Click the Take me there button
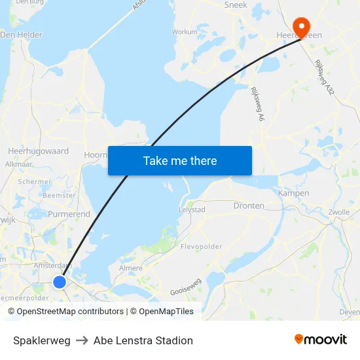click(180, 160)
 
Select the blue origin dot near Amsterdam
click(60, 281)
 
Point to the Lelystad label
click(192, 209)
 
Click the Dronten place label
click(249, 206)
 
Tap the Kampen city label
click(293, 193)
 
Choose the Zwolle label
click(339, 213)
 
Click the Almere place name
click(131, 268)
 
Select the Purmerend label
click(69, 214)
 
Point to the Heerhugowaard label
click(38, 151)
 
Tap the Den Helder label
click(22, 35)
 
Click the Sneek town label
click(236, 5)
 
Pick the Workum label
click(184, 31)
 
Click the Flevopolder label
click(201, 247)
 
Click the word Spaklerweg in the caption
click(42, 340)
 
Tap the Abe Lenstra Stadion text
click(143, 340)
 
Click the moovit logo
click(321, 339)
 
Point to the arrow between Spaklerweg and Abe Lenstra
click(82, 340)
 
